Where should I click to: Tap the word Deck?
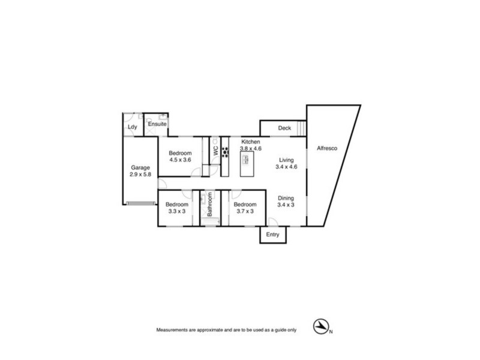[x=284, y=128]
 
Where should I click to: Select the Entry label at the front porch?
[x=273, y=235]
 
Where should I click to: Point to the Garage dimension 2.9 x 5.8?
[x=140, y=175]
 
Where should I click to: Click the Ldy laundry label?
[x=132, y=127]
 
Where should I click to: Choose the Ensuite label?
[x=158, y=124]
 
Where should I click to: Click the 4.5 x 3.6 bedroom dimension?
[x=179, y=160]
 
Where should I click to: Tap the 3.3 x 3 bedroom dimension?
[x=176, y=212]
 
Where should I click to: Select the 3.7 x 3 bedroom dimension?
[x=244, y=212]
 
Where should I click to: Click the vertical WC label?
[x=214, y=152]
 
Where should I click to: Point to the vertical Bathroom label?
[x=210, y=208]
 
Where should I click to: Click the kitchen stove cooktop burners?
[x=226, y=152]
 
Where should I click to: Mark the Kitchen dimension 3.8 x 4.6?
[x=251, y=148]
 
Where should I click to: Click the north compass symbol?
[x=320, y=326]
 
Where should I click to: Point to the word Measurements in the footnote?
[x=174, y=331]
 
